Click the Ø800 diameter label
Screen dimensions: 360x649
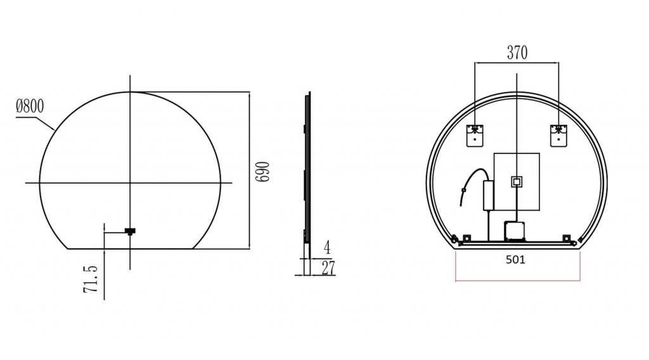click(x=30, y=106)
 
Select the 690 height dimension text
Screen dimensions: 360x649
click(x=263, y=171)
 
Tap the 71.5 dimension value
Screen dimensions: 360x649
click(x=91, y=279)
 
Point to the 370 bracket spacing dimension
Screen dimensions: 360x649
click(x=517, y=53)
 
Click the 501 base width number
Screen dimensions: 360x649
click(x=517, y=259)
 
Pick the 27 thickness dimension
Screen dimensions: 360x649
click(x=328, y=268)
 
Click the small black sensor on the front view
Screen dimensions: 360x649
click(x=131, y=231)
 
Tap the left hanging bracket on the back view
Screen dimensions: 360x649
click(x=475, y=136)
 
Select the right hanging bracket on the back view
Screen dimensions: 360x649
click(x=558, y=136)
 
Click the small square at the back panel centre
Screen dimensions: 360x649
click(x=517, y=181)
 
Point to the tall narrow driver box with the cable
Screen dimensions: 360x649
click(x=489, y=195)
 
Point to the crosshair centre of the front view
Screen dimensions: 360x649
click(x=131, y=183)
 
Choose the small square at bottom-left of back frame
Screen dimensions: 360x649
click(x=467, y=238)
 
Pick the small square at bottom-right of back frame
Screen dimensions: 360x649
click(x=565, y=238)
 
